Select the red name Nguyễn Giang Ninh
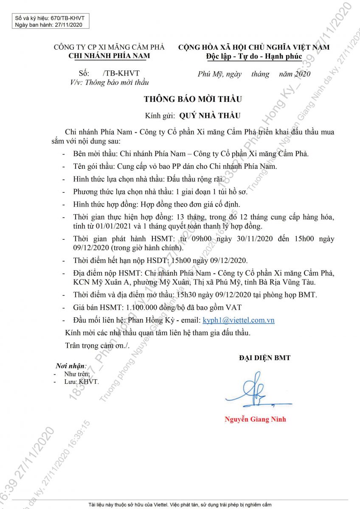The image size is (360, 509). pyautogui.click(x=255, y=420)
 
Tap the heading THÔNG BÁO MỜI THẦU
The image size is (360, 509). pyautogui.click(x=193, y=99)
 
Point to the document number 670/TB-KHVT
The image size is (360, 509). pyautogui.click(x=67, y=18)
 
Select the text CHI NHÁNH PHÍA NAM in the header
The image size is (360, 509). pyautogui.click(x=109, y=56)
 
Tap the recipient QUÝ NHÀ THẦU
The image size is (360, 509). pyautogui.click(x=210, y=115)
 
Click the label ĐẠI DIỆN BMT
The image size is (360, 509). pyautogui.click(x=264, y=358)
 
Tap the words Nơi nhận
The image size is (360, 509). pyautogui.click(x=70, y=366)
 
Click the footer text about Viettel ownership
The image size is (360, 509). pyautogui.click(x=180, y=505)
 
